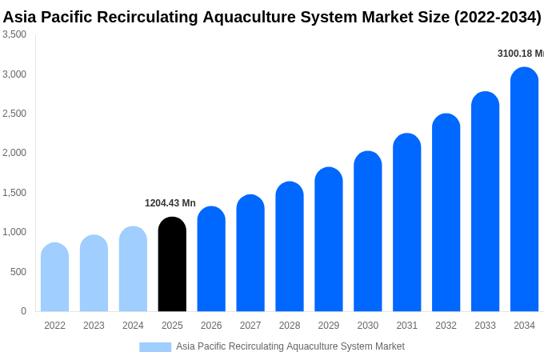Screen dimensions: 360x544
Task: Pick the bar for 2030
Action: pos(368,231)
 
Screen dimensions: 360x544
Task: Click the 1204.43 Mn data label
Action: pos(170,203)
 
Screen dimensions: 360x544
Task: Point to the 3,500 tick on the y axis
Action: pos(14,34)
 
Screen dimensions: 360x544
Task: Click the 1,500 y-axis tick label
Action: pos(14,193)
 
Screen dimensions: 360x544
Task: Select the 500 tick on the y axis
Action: pos(18,272)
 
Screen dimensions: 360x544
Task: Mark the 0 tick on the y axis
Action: pos(23,311)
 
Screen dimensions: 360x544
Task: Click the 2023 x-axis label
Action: pos(94,326)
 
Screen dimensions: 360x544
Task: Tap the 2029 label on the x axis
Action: pos(329,326)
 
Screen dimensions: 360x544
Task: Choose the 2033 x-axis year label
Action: pos(485,326)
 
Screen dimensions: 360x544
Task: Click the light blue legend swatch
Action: pos(155,347)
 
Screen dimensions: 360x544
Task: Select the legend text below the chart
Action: pos(290,346)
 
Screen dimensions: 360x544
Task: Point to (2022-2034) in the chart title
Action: pos(498,17)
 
